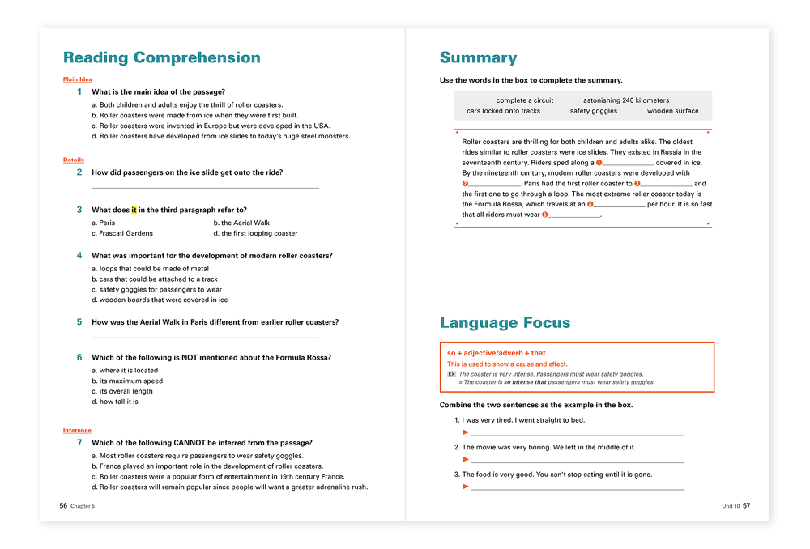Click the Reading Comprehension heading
(161, 58)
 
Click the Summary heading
(478, 58)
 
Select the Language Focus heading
(505, 323)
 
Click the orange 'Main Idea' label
(78, 79)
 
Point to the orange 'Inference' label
(77, 430)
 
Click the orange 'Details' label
(74, 160)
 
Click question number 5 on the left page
(79, 322)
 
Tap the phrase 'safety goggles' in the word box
(593, 111)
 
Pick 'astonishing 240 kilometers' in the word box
(626, 100)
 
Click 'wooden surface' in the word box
(672, 111)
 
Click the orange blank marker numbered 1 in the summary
(599, 163)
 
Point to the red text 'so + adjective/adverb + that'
(496, 353)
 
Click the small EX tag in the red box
(452, 374)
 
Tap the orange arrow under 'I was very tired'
(465, 432)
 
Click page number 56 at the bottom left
(63, 506)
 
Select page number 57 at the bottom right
(746, 506)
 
